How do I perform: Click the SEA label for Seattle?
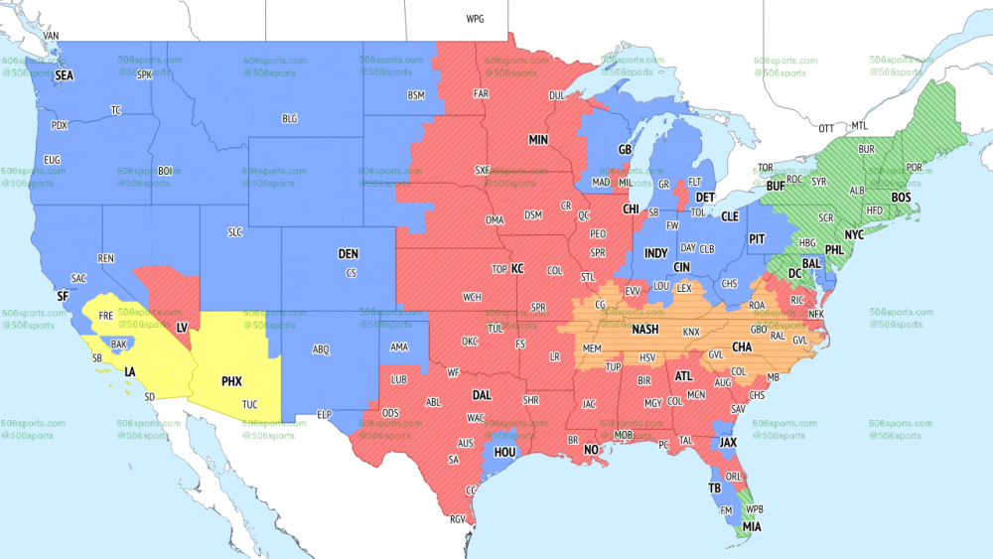coord(65,75)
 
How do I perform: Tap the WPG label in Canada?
coord(475,19)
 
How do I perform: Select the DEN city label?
coord(348,254)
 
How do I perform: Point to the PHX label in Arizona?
coord(232,380)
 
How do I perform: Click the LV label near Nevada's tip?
coord(182,327)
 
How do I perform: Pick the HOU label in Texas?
coord(505,451)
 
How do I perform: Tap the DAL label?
coord(483,394)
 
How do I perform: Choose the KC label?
coord(517,269)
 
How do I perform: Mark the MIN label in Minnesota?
coord(538,140)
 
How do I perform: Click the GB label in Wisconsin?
coord(625,150)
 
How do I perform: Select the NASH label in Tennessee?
coord(644,331)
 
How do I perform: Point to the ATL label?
coord(683,376)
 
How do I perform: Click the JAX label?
coord(729,443)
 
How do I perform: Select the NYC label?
coord(854,234)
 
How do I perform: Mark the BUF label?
coord(777,186)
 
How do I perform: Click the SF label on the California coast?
coord(63,296)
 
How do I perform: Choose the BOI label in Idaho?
coord(165,171)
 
